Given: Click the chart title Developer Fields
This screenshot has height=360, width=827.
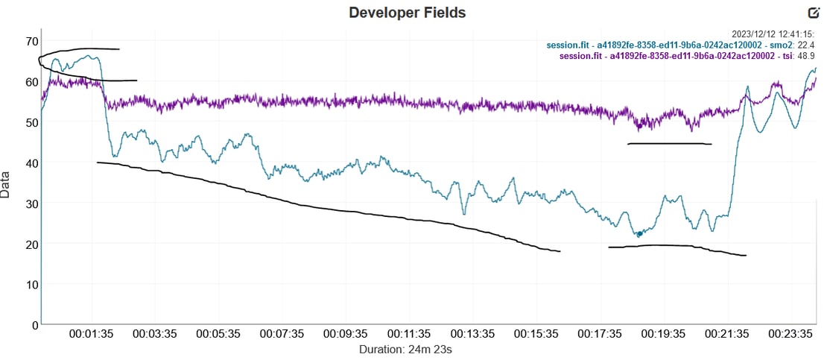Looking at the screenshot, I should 407,13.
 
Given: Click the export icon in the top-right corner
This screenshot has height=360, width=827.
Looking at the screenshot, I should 814,12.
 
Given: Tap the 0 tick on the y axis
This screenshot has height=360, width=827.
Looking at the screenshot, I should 33,325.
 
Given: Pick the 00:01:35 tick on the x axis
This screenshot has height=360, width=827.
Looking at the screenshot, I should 92,334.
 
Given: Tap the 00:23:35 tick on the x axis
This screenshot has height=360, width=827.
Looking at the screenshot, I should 792,334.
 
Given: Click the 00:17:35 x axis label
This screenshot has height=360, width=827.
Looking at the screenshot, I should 601,334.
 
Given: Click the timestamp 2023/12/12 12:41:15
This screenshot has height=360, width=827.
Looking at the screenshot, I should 773,34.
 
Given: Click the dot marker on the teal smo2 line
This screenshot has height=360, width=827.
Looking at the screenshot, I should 639,234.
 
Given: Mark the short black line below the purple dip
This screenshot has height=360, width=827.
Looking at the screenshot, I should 670,144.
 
